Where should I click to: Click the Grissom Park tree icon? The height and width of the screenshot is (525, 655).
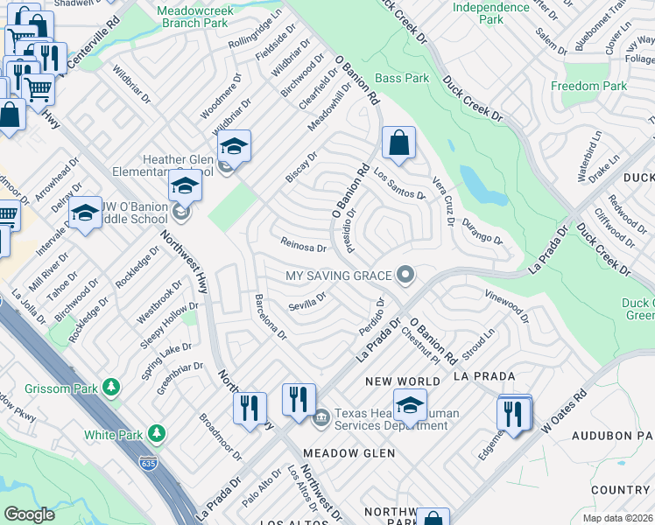[111, 386]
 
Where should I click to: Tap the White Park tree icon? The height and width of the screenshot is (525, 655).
[157, 433]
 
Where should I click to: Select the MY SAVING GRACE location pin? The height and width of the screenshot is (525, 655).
[405, 276]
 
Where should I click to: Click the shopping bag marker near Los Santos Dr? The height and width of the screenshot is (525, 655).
[398, 144]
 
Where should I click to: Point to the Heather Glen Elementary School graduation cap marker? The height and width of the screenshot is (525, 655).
[234, 147]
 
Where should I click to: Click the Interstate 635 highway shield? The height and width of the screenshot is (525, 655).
[152, 460]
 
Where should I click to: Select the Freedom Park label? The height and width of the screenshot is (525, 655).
[588, 86]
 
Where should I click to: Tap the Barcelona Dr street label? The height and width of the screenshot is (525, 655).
[270, 317]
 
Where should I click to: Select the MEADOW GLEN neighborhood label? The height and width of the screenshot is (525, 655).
[349, 453]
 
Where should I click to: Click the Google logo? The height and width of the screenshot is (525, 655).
[29, 514]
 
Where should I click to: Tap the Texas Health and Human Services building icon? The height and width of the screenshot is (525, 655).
[321, 415]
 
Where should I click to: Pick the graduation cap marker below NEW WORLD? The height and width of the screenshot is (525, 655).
[410, 406]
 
